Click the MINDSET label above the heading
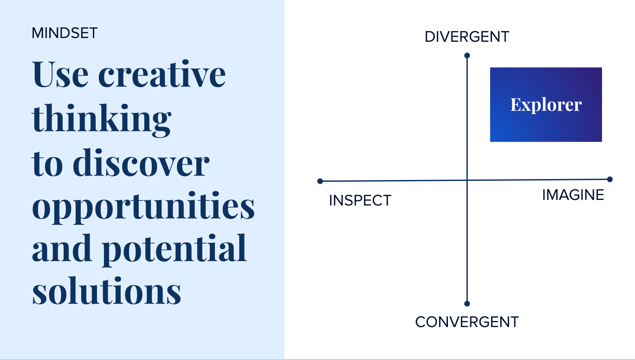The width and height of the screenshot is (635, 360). pos(65,33)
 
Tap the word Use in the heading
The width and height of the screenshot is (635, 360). pos(60,74)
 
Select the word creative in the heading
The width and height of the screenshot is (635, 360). pos(162,74)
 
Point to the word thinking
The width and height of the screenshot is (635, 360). pos(102,120)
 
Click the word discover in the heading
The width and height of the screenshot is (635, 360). pos(141,162)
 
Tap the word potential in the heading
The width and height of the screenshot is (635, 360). pos(174,250)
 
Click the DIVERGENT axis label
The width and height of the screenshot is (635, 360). pos(467,37)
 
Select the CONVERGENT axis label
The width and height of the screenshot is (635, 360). pos(467,322)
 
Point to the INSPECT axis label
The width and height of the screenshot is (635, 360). pos(360,200)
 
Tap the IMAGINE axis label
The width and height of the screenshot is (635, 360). pos(573,195)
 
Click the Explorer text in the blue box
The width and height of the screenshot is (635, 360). pos(546,105)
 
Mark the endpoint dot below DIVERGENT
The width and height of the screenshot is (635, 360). pos(467,56)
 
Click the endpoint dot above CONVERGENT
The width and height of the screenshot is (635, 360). pos(467,304)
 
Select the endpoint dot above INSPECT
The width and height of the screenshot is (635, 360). pos(320,181)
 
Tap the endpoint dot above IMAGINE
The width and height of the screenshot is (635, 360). pos(610,179)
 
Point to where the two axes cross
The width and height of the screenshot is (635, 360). pos(467,180)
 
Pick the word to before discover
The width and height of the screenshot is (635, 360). pos(47,165)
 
